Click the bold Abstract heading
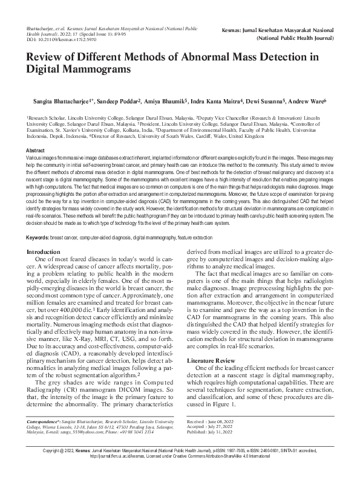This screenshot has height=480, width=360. tap(36, 149)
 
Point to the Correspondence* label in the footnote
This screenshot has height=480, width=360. tap(49, 419)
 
